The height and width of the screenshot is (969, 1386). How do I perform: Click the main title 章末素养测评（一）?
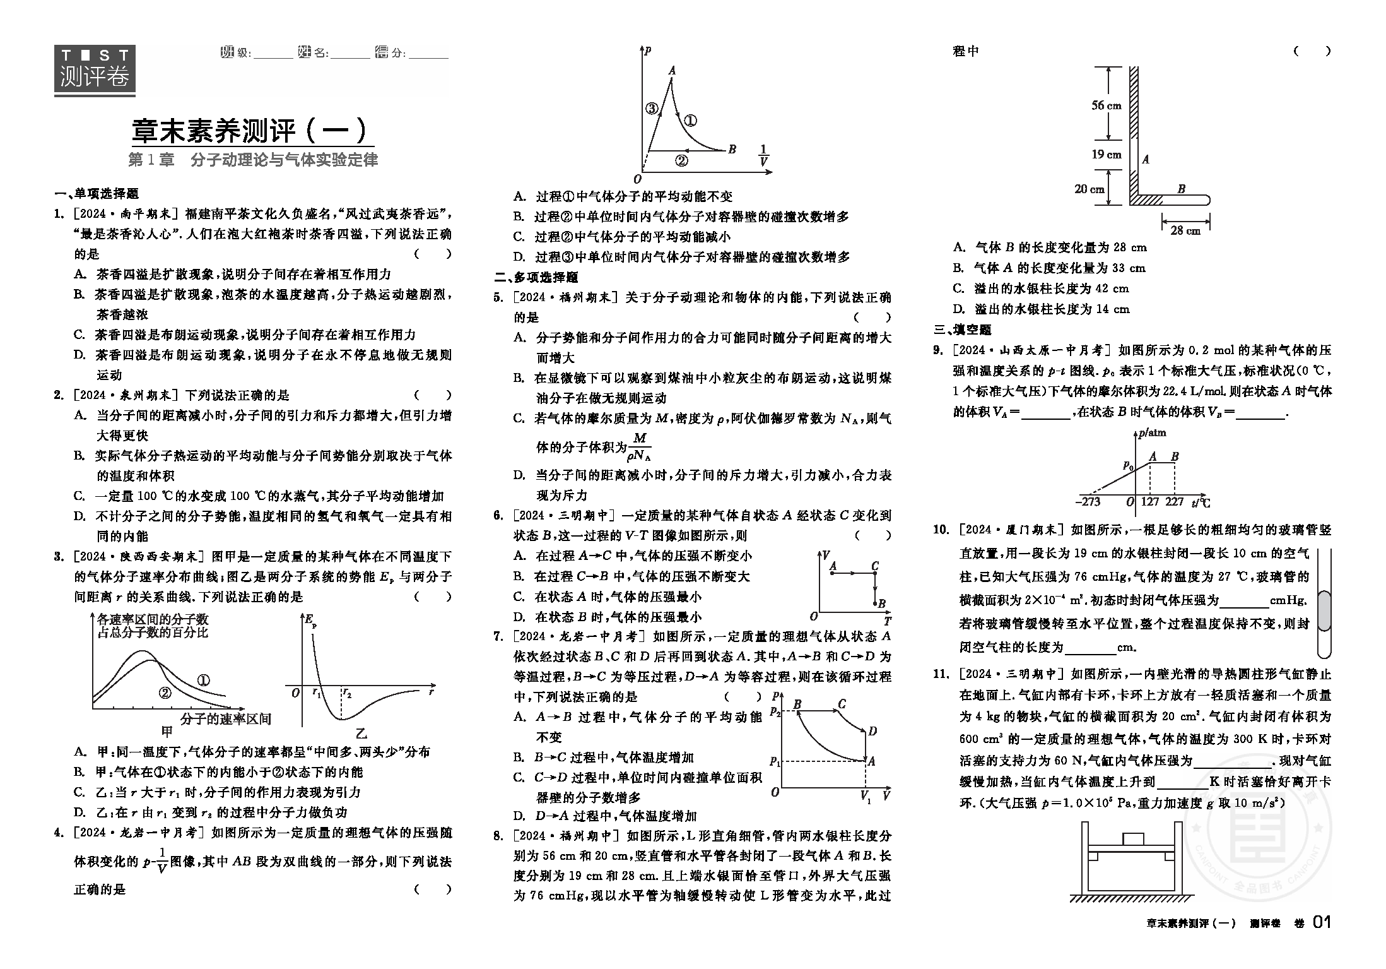tap(250, 131)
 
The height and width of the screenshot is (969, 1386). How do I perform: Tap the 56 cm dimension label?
tap(1107, 105)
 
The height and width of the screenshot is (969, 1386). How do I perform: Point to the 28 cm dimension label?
tap(1185, 230)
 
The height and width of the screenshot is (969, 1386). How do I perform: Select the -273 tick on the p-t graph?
tap(1088, 502)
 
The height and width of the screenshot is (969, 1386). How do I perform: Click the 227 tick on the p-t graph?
tap(1175, 502)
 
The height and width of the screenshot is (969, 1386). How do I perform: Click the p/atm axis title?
tap(1152, 433)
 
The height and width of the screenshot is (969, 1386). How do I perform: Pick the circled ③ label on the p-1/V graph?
tap(652, 109)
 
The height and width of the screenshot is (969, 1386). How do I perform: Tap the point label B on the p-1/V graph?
tap(732, 150)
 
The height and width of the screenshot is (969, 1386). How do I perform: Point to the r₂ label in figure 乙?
tap(347, 693)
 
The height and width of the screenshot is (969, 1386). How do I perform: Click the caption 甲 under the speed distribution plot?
tap(167, 732)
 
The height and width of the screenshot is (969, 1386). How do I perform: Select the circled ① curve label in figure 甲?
tap(203, 681)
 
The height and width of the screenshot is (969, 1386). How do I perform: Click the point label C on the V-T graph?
tap(875, 566)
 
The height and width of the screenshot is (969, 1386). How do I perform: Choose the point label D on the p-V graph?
tap(872, 732)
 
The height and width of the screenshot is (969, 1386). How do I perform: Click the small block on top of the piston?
tap(1133, 839)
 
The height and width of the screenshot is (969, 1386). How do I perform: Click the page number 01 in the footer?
tap(1321, 922)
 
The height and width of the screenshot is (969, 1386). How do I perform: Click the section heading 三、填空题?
tap(963, 330)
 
